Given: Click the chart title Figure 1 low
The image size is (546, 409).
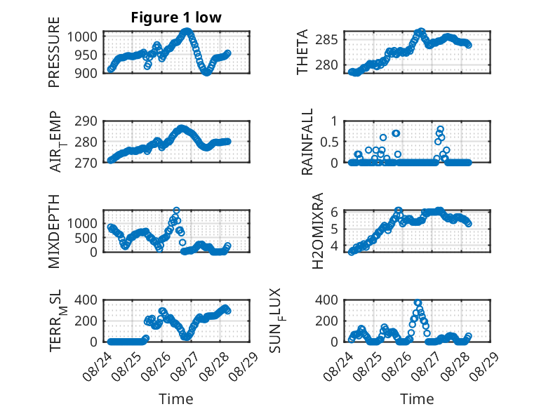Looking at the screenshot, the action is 176,18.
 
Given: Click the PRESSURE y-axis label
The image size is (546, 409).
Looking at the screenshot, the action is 54,52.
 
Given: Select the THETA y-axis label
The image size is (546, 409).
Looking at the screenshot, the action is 302,52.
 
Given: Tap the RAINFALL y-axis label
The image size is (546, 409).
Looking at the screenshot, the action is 307,142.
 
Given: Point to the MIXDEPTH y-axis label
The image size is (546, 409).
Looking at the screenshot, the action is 54,232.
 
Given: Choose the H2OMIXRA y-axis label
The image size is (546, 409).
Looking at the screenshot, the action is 318,231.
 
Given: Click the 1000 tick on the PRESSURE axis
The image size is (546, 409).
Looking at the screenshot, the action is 83,36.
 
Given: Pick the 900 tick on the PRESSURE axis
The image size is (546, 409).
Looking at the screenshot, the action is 86,73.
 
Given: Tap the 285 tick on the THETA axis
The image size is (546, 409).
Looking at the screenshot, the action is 326,40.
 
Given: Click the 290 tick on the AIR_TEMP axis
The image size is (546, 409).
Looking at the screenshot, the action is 86,121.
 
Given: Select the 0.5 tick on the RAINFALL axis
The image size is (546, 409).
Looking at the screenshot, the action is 329,142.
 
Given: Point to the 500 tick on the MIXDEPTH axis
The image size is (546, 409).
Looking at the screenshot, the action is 86,238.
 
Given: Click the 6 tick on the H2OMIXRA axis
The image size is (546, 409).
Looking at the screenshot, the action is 334,212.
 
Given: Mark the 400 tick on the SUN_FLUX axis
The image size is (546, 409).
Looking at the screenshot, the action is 326,300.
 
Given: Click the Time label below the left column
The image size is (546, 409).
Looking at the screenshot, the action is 176,399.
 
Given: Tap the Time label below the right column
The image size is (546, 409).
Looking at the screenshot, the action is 417,399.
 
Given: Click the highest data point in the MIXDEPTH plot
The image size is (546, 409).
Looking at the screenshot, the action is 177,210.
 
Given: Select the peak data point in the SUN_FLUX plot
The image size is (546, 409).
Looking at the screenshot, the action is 418,302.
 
